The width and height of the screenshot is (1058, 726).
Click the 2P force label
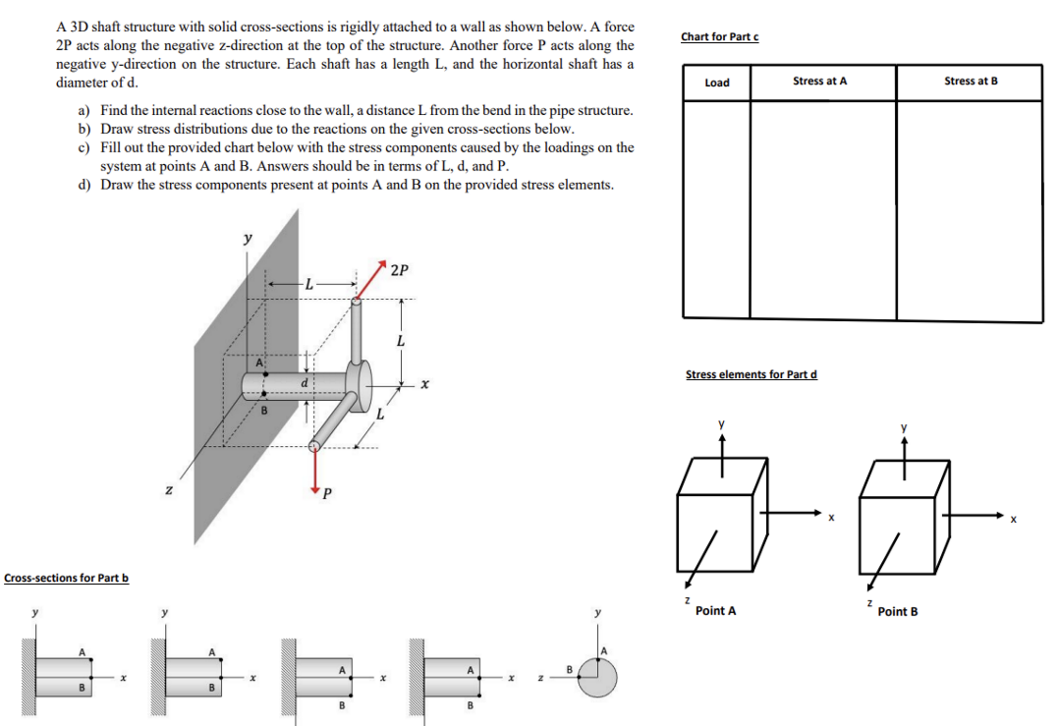coord(400,270)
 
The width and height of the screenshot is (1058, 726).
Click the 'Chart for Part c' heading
coord(719,37)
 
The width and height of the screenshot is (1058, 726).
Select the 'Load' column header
coord(717,83)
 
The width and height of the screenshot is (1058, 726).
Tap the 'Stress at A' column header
coord(819,82)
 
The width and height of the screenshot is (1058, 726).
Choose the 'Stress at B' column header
coord(970,82)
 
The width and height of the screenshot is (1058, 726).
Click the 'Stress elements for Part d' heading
coord(751,374)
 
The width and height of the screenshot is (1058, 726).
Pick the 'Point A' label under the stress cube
coord(715,611)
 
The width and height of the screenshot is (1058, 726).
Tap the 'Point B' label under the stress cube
coord(898,612)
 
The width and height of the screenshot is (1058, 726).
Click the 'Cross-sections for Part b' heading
coord(66,578)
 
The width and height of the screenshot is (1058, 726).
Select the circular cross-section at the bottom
coord(597,676)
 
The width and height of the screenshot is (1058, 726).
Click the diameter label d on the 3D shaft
coord(306,381)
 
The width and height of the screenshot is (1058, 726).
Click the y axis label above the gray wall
coord(247,238)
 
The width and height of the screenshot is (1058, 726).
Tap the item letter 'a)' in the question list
coord(84,111)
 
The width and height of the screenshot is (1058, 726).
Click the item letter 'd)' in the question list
coord(84,185)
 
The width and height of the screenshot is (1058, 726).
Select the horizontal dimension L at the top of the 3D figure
coord(307,284)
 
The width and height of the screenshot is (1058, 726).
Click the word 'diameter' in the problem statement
coord(80,83)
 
